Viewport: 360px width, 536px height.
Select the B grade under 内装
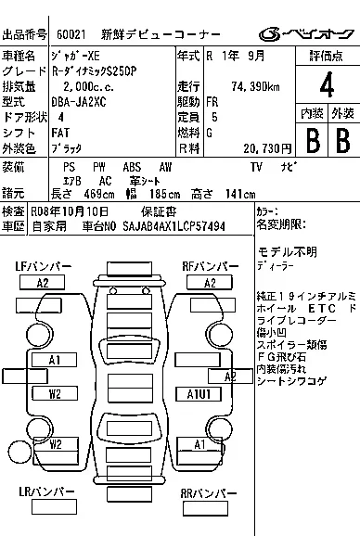pos(312,141)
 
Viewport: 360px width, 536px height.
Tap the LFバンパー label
pos(43,266)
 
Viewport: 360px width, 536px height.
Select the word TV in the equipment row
pos(257,166)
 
